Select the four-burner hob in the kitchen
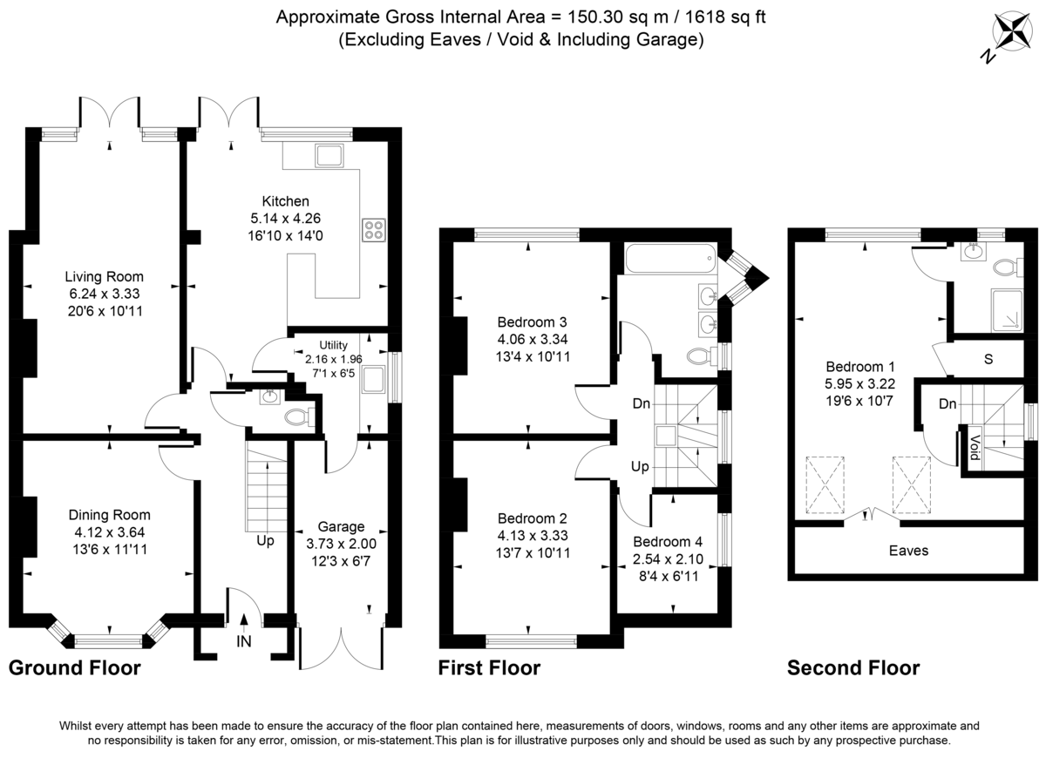point(374,229)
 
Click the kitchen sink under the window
point(329,157)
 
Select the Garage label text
point(341,526)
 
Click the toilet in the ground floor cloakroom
point(295,417)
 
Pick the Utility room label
point(333,345)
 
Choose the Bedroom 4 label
point(669,541)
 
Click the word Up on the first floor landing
point(640,467)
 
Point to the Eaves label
point(908,551)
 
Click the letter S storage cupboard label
point(988,358)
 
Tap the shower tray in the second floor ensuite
point(1009,309)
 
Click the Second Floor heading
point(852,668)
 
